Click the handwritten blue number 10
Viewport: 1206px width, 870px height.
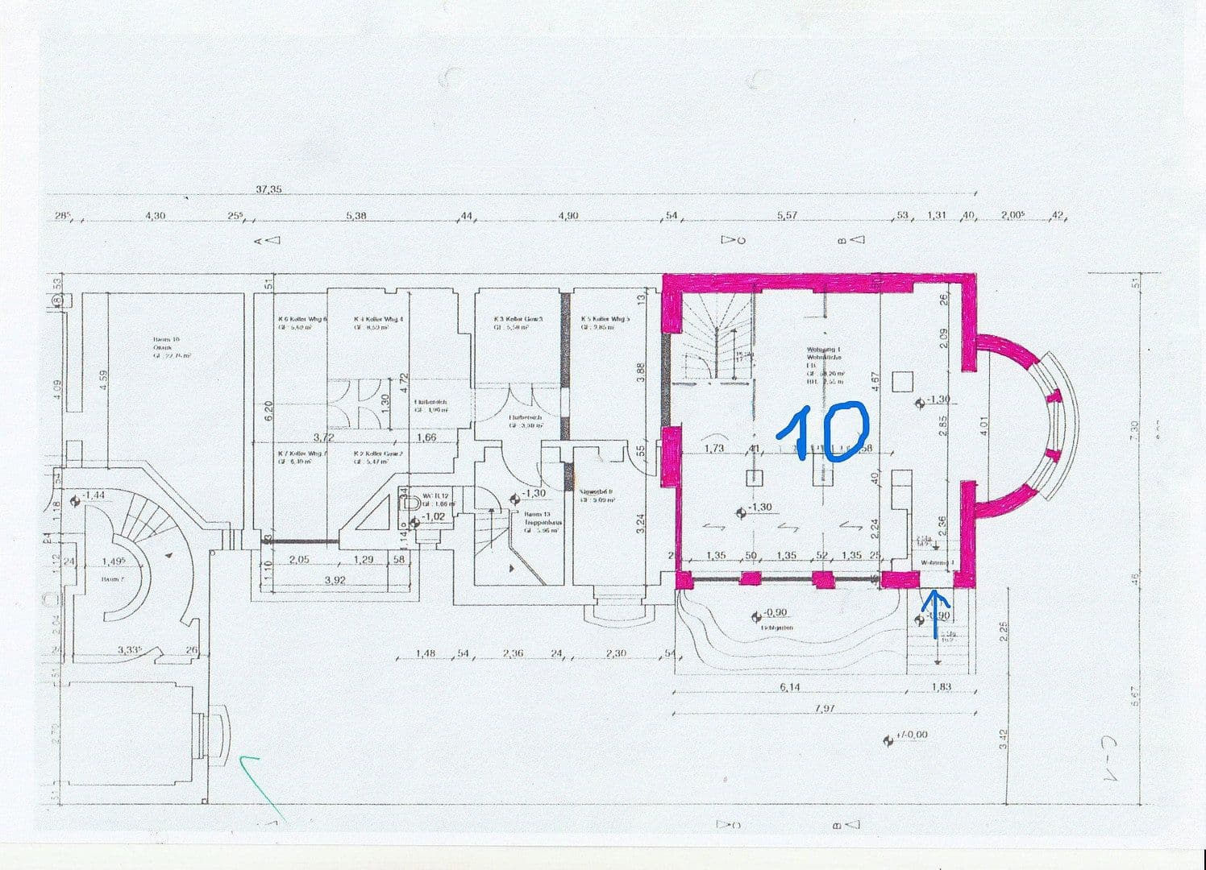click(x=822, y=433)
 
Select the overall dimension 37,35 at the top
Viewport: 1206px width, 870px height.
click(x=268, y=189)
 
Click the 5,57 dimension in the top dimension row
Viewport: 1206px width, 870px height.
click(x=787, y=216)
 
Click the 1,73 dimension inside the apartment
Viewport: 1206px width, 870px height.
click(x=713, y=449)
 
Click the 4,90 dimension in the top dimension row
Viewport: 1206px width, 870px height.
click(x=568, y=216)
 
